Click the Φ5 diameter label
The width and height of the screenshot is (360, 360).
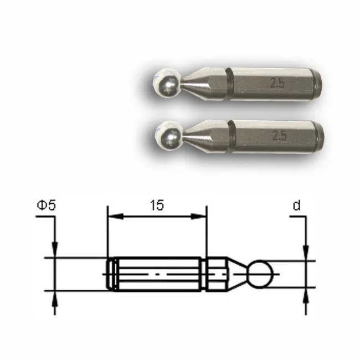point(46,205)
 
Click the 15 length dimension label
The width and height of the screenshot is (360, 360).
point(157,205)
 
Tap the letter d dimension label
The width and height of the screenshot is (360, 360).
point(297,205)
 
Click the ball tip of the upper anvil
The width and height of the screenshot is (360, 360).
point(167,83)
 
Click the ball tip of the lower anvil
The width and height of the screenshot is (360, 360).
point(168,135)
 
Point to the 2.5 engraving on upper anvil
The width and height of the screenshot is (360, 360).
point(277,83)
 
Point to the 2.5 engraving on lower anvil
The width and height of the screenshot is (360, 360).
point(280,136)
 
